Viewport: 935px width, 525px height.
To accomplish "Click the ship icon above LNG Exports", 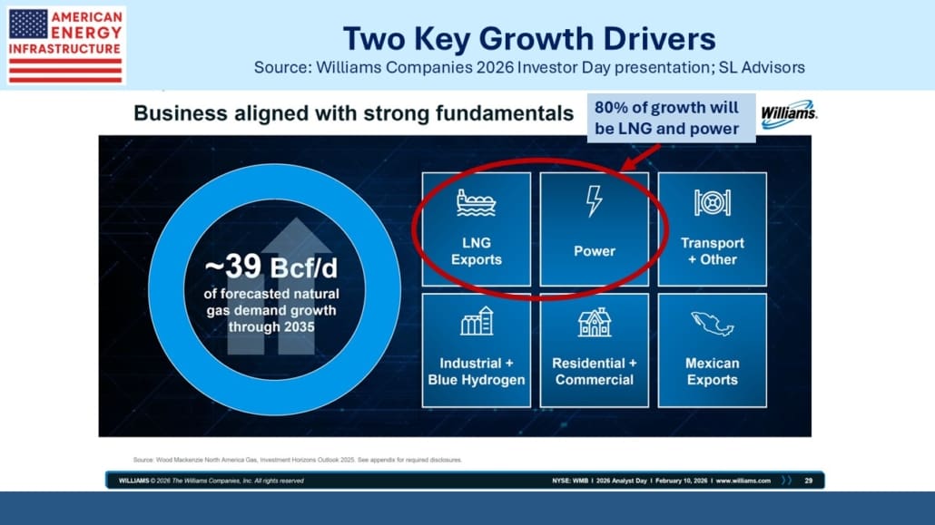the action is pos(476,202).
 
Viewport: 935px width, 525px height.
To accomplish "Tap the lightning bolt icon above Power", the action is pos(594,200).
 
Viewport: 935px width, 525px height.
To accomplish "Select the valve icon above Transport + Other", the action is pos(712,202).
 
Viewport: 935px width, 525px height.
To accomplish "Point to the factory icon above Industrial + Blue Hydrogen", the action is pos(477,321).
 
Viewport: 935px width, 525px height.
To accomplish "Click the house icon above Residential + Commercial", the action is pos(595,323).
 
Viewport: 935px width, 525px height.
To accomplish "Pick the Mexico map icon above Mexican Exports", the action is pos(712,324).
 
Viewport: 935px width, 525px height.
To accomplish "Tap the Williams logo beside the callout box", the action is pos(788,113).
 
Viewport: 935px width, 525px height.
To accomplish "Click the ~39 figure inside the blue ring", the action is pos(234,267).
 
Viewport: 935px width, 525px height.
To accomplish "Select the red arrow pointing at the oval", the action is pos(640,158).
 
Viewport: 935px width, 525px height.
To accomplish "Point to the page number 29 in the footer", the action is pos(809,481).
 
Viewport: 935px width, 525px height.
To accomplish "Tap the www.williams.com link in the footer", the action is pos(743,481).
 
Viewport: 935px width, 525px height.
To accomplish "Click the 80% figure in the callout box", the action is pos(609,107).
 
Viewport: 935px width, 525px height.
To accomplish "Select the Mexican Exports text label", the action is pos(712,371).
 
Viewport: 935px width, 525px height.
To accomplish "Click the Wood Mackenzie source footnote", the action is pos(298,460).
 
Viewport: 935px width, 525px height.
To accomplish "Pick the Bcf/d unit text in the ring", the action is pos(304,268).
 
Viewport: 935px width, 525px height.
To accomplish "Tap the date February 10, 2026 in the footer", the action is pos(681,481).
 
